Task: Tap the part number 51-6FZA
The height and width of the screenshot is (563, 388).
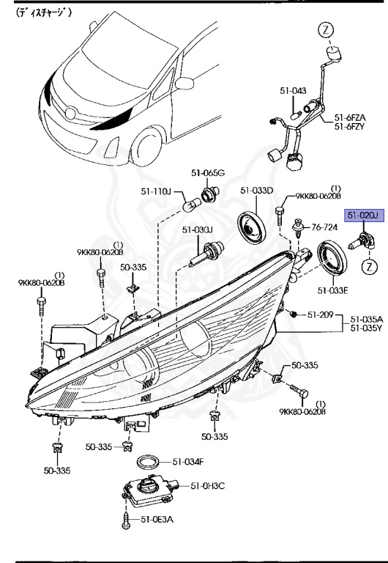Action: [x=351, y=117]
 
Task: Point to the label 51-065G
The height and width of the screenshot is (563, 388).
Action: [x=208, y=172]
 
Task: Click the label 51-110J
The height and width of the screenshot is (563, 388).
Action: [x=156, y=192]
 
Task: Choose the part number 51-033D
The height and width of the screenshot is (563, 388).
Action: [x=256, y=191]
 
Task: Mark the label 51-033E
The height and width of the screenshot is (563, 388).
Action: [x=333, y=290]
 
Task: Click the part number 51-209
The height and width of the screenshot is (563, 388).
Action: [x=320, y=315]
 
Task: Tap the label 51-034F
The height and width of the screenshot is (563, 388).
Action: [x=187, y=462]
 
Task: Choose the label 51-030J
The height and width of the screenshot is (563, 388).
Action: [x=197, y=230]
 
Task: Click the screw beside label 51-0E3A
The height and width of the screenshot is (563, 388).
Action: [x=126, y=521]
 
